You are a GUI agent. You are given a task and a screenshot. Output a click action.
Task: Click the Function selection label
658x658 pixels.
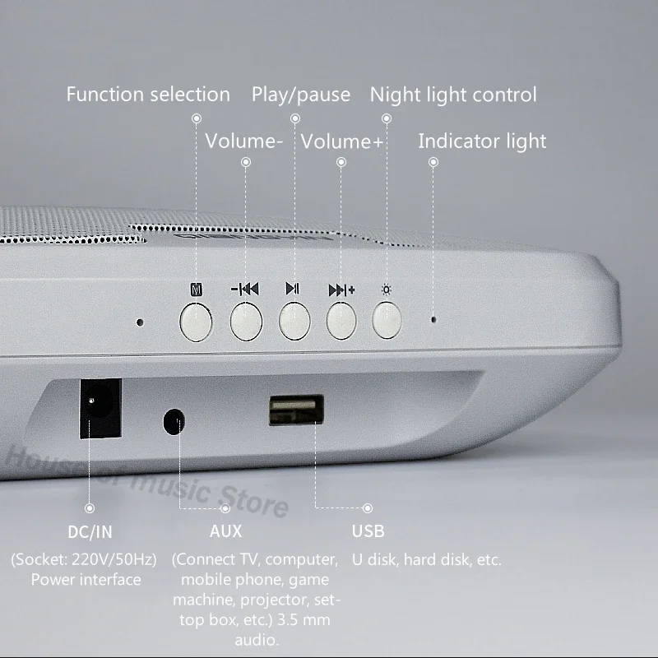pos(148,95)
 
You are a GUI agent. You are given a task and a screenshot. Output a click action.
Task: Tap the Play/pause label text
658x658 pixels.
pos(301,95)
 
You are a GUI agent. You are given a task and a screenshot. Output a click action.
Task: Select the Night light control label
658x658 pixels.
pos(453,95)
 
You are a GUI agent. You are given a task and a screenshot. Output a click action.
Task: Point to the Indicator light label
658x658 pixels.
pos(482,141)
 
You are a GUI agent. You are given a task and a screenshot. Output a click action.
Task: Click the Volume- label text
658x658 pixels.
pos(244,141)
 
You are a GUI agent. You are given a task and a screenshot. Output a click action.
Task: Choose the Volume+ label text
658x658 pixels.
pos(341,141)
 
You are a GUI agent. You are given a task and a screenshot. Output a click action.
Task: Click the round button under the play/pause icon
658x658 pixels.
pos(294,321)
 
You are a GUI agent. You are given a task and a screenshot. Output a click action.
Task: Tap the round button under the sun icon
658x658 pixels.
pos(387,320)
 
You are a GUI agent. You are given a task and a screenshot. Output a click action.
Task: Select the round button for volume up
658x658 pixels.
pos(341,321)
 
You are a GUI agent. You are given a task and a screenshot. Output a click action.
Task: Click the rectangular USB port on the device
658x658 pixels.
pos(296,410)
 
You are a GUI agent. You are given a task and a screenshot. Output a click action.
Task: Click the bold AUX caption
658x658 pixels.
pos(225,531)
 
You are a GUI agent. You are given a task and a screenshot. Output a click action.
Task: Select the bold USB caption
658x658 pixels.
pos(368,531)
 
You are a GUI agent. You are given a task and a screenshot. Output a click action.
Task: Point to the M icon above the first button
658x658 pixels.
pos(195,290)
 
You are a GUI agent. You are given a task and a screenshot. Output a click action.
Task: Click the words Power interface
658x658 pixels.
pos(86,579)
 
